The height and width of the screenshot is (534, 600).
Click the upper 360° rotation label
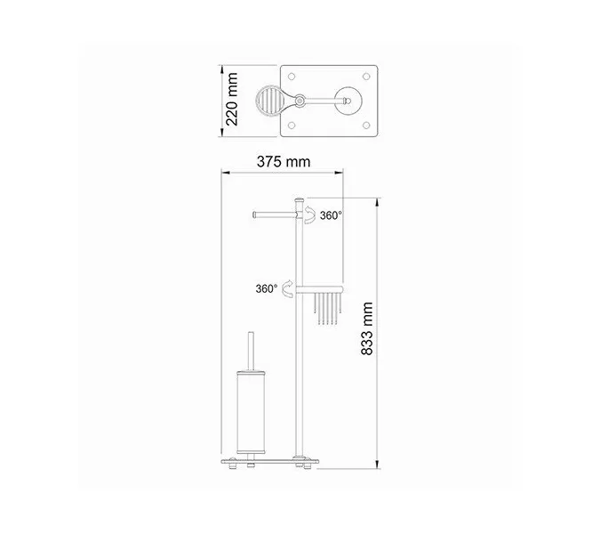pyautogui.click(x=331, y=214)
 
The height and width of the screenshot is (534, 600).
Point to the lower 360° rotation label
pyautogui.click(x=266, y=288)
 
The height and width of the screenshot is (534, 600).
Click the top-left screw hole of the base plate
pyautogui.click(x=292, y=76)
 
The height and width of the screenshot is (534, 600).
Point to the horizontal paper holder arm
pyautogui.click(x=274, y=214)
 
